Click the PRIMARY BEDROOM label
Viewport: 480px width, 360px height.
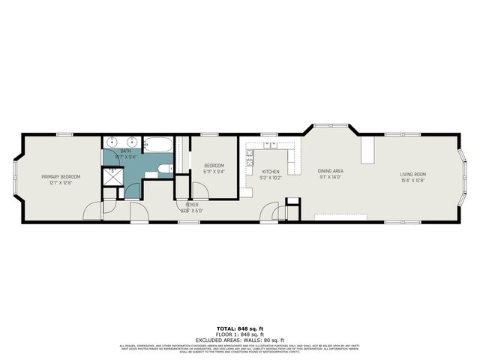tap(60, 176)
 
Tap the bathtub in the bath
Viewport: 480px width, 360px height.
tap(157, 144)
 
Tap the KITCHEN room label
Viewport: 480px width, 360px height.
tap(270, 172)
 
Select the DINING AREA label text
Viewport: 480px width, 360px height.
tap(330, 171)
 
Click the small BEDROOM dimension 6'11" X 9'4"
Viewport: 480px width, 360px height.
tap(214, 171)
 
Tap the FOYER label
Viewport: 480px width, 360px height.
tap(193, 204)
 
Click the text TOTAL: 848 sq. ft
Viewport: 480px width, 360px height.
tap(239, 328)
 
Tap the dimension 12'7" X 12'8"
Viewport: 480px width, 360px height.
tap(60, 181)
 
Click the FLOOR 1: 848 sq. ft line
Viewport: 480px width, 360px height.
tap(239, 334)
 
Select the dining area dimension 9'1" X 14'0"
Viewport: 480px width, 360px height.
tap(330, 177)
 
